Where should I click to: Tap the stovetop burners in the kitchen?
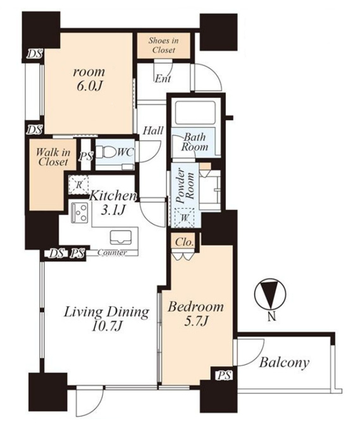pyautogui.click(x=80, y=212)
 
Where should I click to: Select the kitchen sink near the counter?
pyautogui.click(x=120, y=237)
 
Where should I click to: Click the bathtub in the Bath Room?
pyautogui.click(x=195, y=113)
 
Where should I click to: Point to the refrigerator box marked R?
pyautogui.click(x=78, y=185)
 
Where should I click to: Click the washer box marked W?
pyautogui.click(x=184, y=218)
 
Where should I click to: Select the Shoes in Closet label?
pyautogui.click(x=163, y=46)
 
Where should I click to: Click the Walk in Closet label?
pyautogui.click(x=53, y=157)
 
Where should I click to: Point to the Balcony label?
pyautogui.click(x=284, y=362)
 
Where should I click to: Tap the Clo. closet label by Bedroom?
pyautogui.click(x=184, y=242)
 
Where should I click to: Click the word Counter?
pyautogui.click(x=112, y=253)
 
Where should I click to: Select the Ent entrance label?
pyautogui.click(x=163, y=79)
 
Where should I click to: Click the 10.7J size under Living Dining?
pyautogui.click(x=106, y=327)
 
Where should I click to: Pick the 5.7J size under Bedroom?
pyautogui.click(x=196, y=321)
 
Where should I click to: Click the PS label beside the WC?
pyautogui.click(x=86, y=157)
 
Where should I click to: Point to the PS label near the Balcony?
pyautogui.click(x=225, y=376)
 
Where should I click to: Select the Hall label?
pyautogui.click(x=153, y=130)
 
